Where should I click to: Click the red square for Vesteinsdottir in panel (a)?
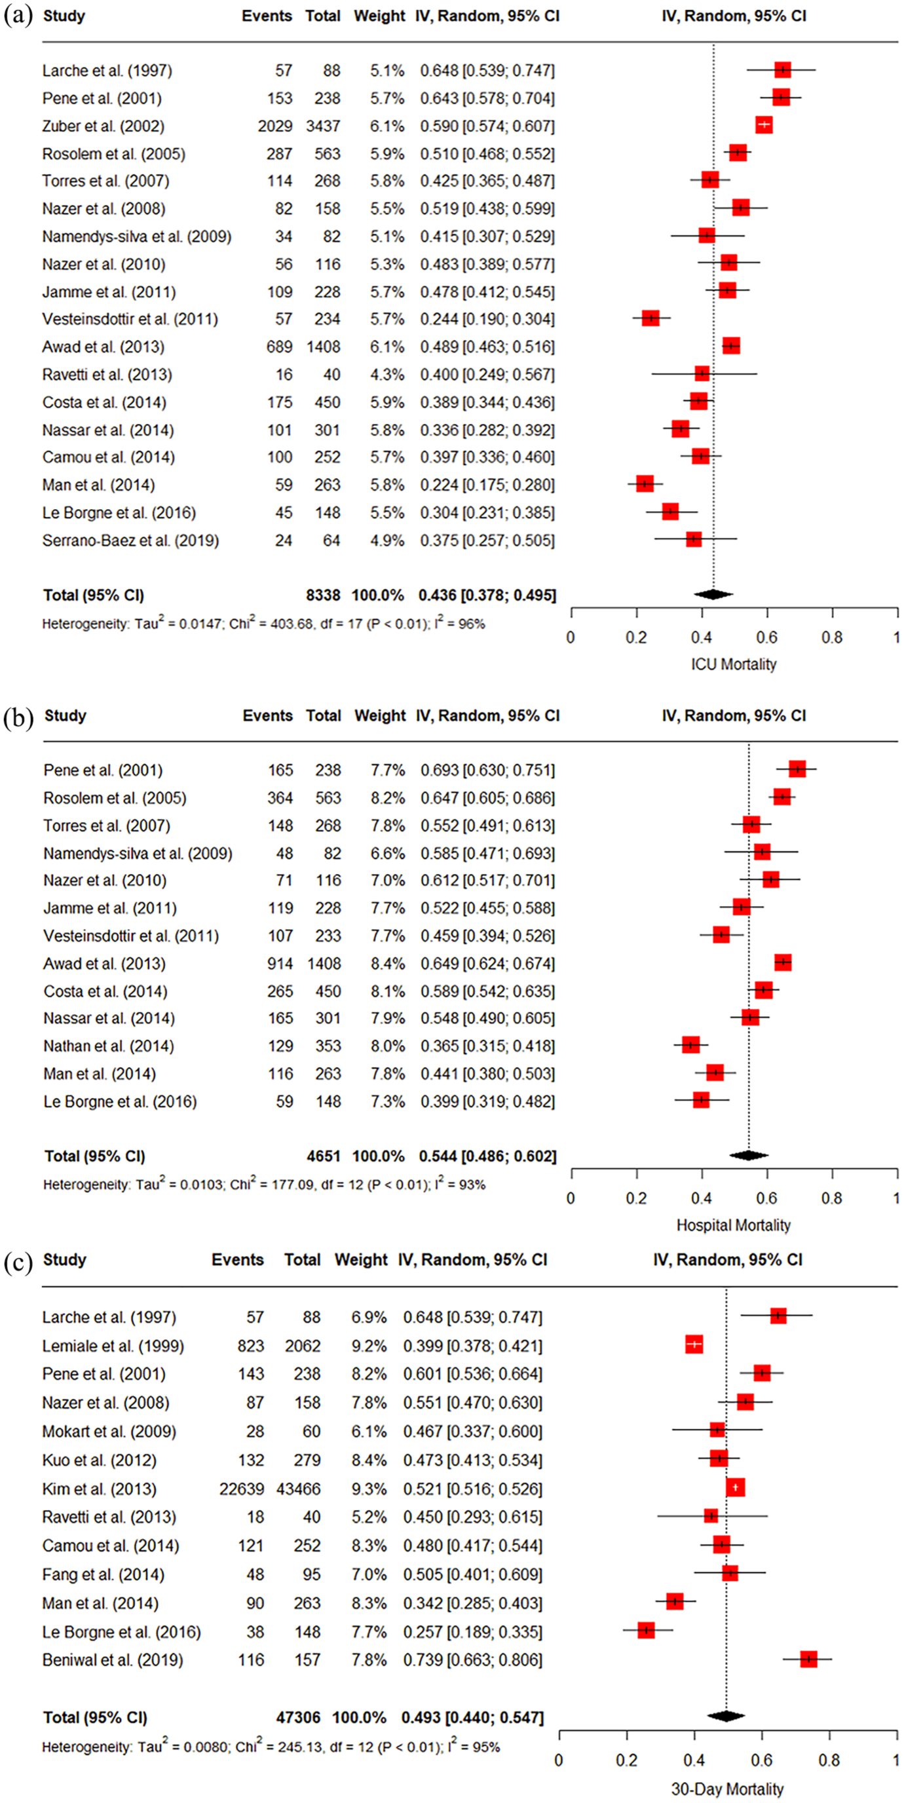point(650,318)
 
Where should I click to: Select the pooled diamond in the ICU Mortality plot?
point(713,594)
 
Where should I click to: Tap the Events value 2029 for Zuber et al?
point(275,126)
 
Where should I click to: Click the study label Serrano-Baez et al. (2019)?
point(130,541)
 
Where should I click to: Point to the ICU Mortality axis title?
point(733,664)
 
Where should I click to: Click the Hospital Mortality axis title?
point(733,1225)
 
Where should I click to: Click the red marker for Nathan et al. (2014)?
point(690,1045)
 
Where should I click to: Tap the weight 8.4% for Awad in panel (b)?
point(388,964)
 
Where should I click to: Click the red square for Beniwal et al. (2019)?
point(808,1658)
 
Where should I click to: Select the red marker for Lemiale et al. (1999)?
point(693,1344)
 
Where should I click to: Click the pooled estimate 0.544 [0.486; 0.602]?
point(487,1156)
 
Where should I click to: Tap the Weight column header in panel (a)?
point(379,16)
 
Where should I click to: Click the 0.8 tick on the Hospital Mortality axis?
point(832,1198)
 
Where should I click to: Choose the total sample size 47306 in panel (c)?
point(298,1717)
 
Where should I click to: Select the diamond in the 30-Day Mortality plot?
point(726,1715)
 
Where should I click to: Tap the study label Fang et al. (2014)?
point(104,1574)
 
